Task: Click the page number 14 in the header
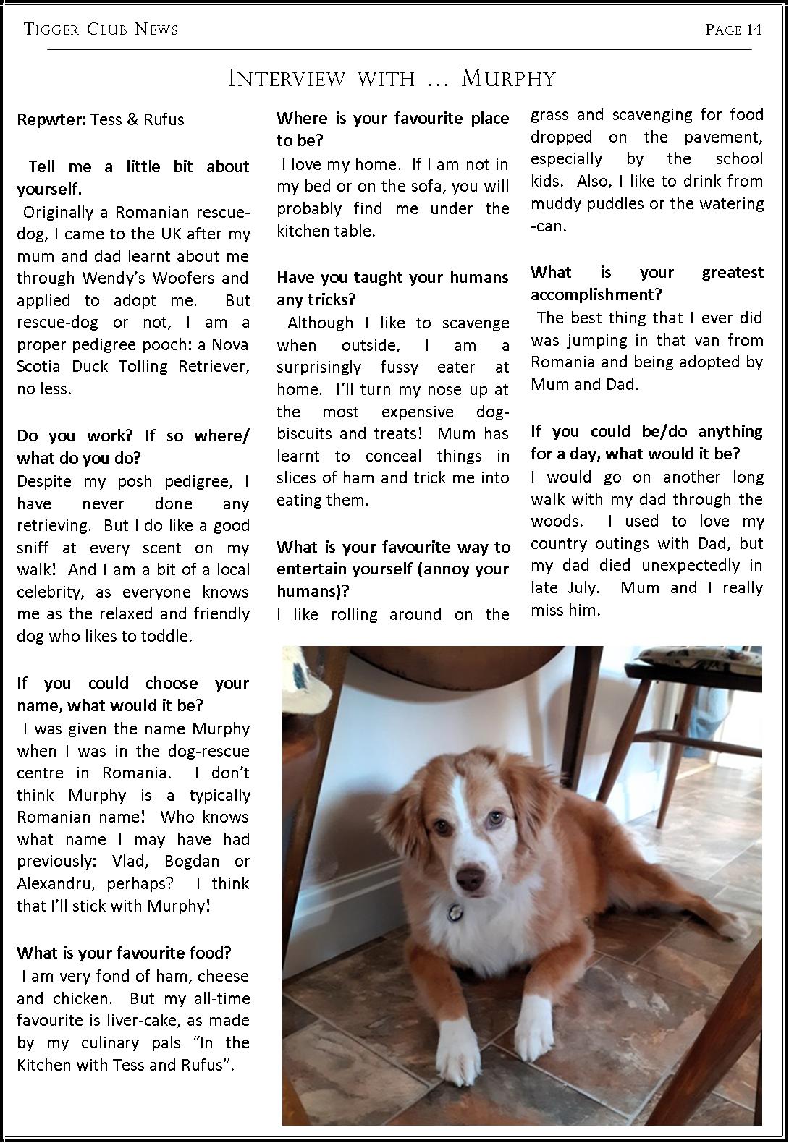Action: pyautogui.click(x=754, y=29)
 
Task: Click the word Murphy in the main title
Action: pyautogui.click(x=508, y=78)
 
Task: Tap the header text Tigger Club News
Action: pyautogui.click(x=101, y=29)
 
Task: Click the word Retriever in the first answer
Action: pyautogui.click(x=214, y=366)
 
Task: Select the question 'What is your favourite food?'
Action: pyautogui.click(x=124, y=953)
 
